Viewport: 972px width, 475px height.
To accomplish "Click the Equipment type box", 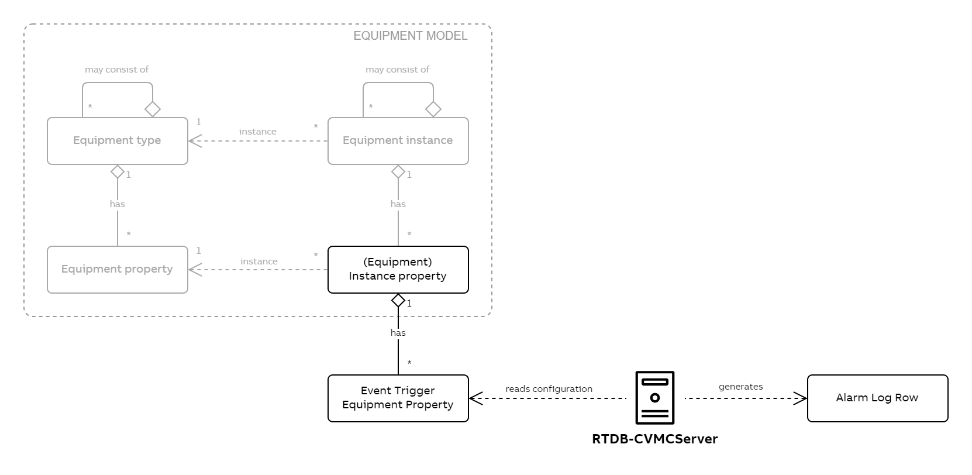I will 117,140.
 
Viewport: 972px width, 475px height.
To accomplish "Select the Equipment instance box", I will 398,140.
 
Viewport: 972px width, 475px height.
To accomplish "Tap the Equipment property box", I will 117,269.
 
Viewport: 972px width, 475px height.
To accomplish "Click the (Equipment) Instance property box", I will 398,269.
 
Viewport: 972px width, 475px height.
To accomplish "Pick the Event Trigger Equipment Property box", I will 398,398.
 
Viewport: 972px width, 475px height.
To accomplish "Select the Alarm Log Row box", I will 877,398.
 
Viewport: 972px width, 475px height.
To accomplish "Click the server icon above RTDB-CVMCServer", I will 654,397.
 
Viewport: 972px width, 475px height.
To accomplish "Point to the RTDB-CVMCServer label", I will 654,439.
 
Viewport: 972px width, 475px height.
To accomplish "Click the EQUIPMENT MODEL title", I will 410,36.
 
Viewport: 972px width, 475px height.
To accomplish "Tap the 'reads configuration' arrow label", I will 549,389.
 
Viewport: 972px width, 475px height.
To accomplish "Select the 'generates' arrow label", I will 740,387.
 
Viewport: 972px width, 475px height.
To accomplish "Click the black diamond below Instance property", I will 398,301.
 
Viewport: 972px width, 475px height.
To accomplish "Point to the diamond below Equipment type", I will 118,172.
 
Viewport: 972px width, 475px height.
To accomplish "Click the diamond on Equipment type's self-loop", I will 153,109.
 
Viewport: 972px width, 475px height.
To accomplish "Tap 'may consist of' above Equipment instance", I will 397,70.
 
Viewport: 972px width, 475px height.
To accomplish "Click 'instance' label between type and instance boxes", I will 257,132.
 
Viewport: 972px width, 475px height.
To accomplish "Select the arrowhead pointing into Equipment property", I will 194,270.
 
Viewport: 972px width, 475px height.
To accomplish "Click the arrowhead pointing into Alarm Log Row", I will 801,398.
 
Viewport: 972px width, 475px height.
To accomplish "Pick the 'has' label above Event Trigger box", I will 398,333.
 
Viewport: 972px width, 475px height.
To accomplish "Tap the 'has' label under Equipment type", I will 117,204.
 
